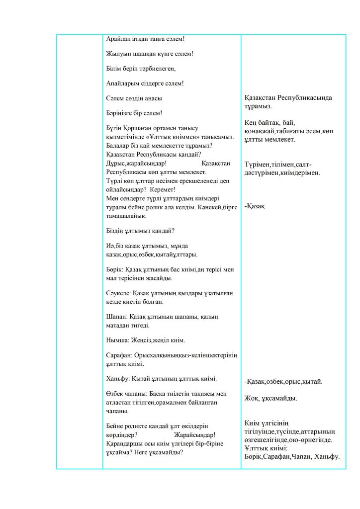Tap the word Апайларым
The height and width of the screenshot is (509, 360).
pos(124,83)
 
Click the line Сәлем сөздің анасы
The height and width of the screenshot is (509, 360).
pos(134,98)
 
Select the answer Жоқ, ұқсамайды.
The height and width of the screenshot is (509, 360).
pos(270,398)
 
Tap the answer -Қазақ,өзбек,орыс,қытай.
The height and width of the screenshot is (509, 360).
pos(283,382)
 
